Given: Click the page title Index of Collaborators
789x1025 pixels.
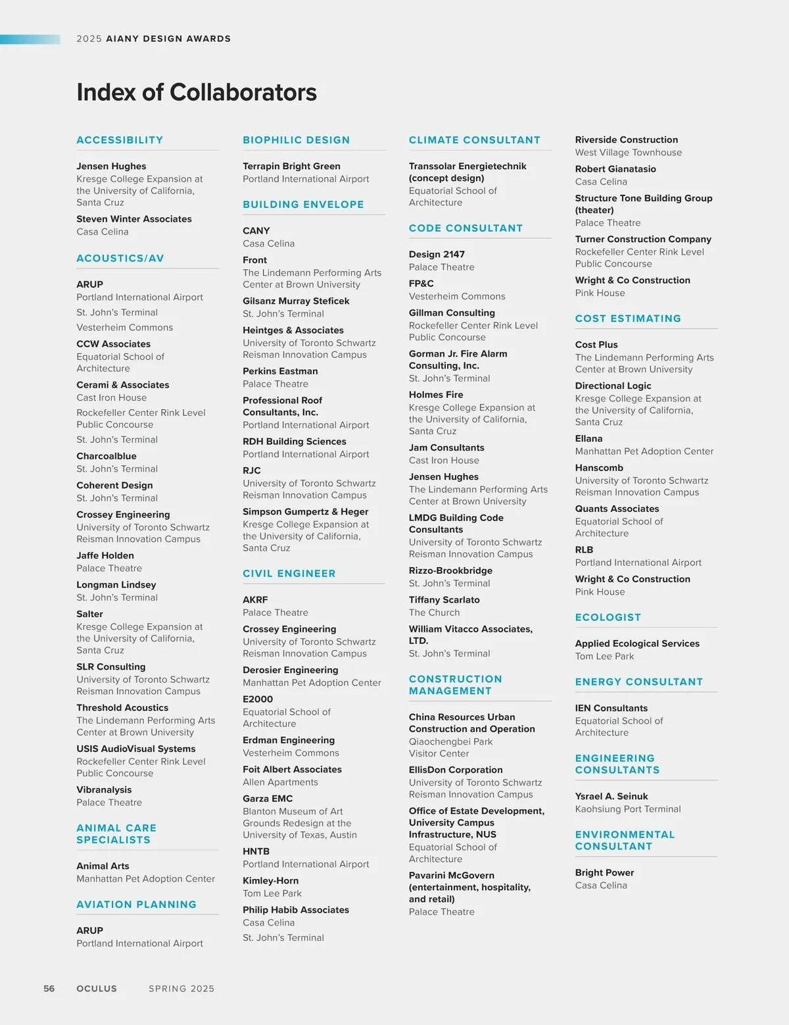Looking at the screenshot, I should click(x=197, y=93).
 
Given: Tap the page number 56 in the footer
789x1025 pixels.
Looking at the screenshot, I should click(x=49, y=988).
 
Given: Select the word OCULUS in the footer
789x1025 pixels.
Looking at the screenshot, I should click(x=97, y=988).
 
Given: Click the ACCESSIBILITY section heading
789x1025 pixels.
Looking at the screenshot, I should click(x=120, y=140).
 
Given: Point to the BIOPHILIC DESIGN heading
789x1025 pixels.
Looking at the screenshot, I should click(x=296, y=140).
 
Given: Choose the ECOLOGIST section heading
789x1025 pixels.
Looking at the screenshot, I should click(x=608, y=617).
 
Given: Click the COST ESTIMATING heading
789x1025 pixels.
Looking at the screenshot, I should click(x=628, y=318).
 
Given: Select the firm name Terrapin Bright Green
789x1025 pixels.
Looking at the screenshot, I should click(x=291, y=166).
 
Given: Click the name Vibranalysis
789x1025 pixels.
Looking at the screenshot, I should click(x=104, y=789).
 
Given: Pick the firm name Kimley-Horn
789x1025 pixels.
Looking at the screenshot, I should click(x=270, y=880).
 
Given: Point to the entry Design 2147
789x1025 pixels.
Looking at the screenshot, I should click(x=437, y=255).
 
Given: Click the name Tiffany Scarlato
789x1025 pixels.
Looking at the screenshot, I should click(x=444, y=600).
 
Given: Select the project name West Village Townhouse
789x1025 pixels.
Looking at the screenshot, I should click(x=628, y=153).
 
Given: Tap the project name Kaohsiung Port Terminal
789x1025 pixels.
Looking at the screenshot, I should click(x=627, y=809).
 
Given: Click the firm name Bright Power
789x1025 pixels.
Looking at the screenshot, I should click(x=604, y=872).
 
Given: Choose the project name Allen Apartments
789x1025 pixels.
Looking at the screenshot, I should click(x=280, y=782).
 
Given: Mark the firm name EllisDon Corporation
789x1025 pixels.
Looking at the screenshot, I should click(x=456, y=770).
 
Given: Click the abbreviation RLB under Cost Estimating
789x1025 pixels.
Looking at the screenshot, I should click(x=584, y=550).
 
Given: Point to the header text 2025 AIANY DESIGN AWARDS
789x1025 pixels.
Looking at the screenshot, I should click(x=153, y=39).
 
